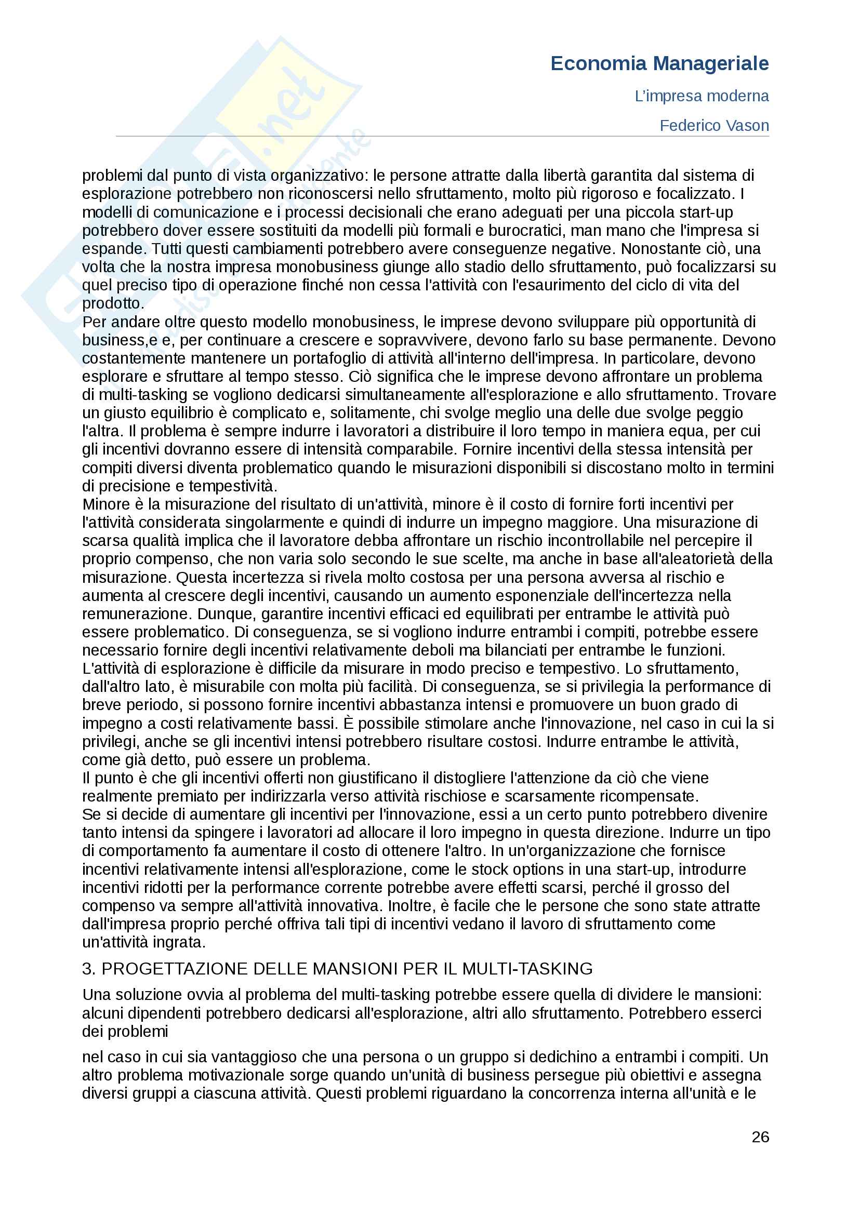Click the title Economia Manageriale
click(x=659, y=63)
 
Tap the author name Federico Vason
click(x=713, y=126)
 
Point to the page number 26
click(x=760, y=1137)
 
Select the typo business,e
click(x=120, y=340)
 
